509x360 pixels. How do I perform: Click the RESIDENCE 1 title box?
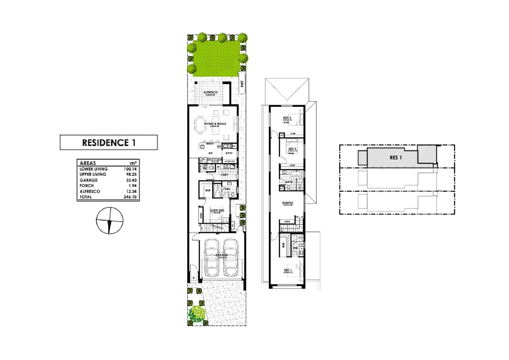point(109,143)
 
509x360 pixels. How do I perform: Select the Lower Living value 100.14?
point(130,169)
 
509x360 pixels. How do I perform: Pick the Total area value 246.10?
point(130,197)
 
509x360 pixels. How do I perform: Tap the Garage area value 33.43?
point(131,180)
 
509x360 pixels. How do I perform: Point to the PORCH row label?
point(87,186)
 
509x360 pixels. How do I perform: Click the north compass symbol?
point(110,221)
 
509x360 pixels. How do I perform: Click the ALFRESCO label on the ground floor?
point(211,92)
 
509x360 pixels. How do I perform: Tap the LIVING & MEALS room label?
point(215,124)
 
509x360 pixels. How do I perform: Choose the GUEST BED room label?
point(217,210)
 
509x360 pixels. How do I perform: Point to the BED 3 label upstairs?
point(287,118)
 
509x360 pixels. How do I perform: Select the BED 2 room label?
point(292,149)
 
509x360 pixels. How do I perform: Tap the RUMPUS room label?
point(287,203)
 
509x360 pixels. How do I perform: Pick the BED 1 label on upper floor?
point(288,270)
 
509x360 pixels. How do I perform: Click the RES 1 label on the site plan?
point(396,158)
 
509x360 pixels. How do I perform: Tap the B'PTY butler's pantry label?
point(229,153)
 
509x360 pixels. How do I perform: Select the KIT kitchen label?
point(211,153)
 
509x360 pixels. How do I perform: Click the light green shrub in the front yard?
point(197,313)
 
